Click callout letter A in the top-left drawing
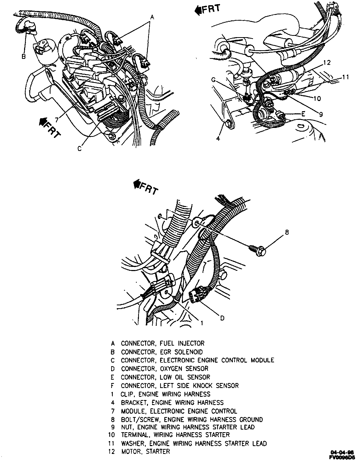[152, 17]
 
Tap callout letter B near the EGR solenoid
[24, 56]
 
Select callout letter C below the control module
[79, 148]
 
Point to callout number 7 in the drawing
[57, 120]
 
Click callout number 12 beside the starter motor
[327, 63]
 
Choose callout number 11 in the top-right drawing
[346, 77]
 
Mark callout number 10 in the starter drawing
[317, 98]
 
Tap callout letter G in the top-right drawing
[213, 80]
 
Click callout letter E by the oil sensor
[303, 114]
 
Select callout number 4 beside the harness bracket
[218, 138]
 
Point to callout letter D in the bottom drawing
[222, 318]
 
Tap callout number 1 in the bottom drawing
[202, 323]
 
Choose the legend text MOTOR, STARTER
[145, 451]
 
